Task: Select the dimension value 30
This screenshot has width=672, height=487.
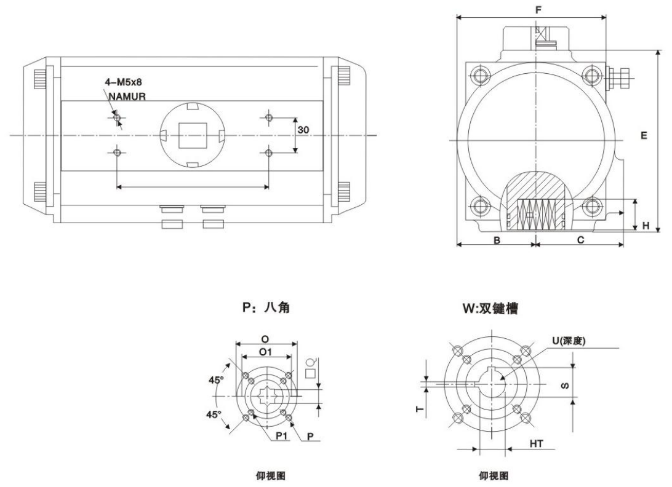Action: coord(303,130)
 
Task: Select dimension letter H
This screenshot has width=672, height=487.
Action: coord(646,226)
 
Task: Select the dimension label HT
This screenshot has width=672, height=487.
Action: coord(536,443)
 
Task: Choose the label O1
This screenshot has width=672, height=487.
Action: coord(266,351)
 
